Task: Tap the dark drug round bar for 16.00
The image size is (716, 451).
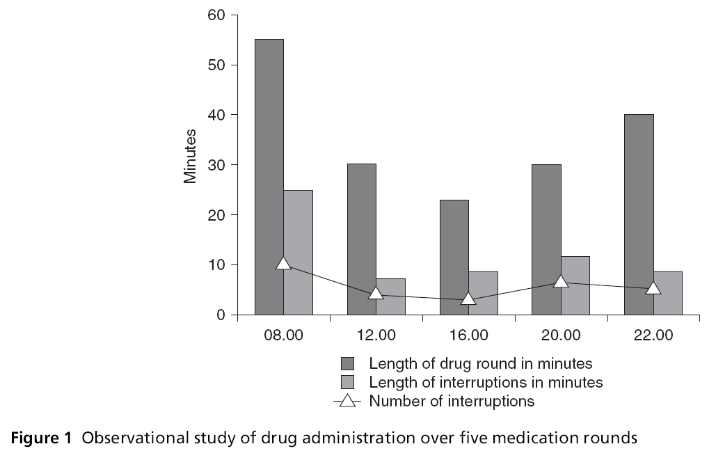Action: point(454,257)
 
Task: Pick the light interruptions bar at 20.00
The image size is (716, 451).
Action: point(575,285)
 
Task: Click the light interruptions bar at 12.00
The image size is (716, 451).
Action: point(390,296)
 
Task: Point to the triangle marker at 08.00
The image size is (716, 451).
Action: point(283,263)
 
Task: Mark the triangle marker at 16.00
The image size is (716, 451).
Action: point(468,299)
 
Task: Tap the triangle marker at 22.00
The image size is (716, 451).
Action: point(653,287)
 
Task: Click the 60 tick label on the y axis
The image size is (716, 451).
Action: point(217,15)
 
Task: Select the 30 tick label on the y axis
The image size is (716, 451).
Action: point(217,165)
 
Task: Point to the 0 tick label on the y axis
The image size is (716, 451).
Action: point(221,315)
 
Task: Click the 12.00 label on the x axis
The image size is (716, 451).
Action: point(376,335)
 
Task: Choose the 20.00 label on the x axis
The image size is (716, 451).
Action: point(561,335)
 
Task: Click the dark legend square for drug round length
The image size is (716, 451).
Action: point(348,363)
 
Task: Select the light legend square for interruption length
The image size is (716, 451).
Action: point(348,382)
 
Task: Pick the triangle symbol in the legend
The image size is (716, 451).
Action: point(348,401)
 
